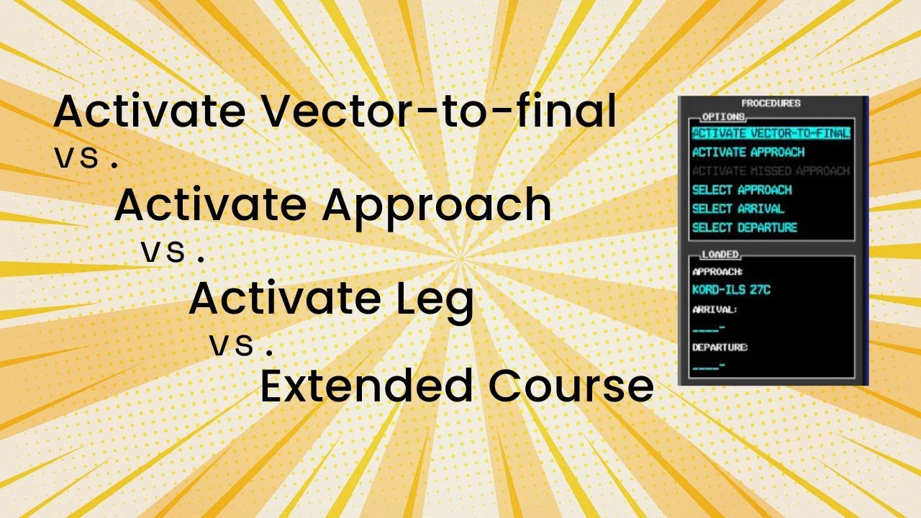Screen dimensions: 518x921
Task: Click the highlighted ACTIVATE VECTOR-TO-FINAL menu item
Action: pos(771,133)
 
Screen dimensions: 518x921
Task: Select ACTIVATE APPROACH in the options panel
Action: pos(748,153)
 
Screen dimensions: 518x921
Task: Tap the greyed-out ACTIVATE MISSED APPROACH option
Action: pos(771,171)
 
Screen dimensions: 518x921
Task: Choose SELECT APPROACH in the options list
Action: pos(742,190)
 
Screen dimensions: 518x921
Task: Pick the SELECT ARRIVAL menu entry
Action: pos(738,209)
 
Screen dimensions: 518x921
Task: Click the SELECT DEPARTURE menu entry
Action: pos(745,228)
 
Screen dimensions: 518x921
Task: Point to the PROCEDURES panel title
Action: pos(771,104)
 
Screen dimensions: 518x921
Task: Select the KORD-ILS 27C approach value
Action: pos(731,290)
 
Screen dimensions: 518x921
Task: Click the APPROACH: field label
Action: pos(717,272)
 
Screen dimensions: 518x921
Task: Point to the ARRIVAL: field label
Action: pos(714,309)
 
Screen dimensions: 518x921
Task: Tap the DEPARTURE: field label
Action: pos(720,347)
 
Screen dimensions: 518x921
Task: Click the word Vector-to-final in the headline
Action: pos(437,112)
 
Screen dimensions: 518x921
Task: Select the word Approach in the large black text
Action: pos(437,205)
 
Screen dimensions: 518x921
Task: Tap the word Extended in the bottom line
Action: pos(366,386)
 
